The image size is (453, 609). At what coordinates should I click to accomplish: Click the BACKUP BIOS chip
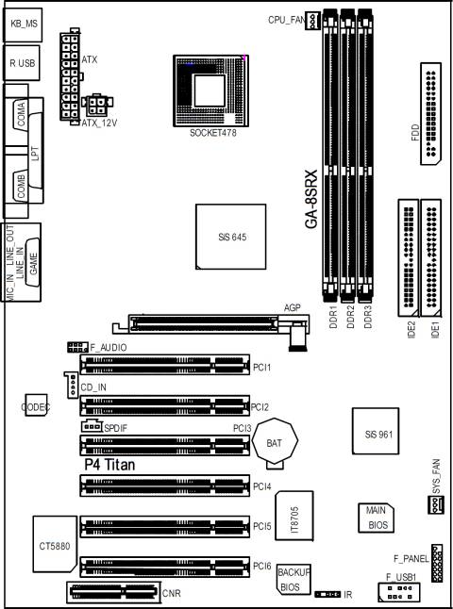click(x=294, y=578)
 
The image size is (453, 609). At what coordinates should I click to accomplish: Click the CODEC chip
click(x=37, y=406)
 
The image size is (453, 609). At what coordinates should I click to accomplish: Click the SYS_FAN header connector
click(x=435, y=507)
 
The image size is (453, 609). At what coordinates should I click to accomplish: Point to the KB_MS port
click(x=22, y=22)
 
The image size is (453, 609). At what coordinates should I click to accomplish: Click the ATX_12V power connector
click(x=98, y=106)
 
